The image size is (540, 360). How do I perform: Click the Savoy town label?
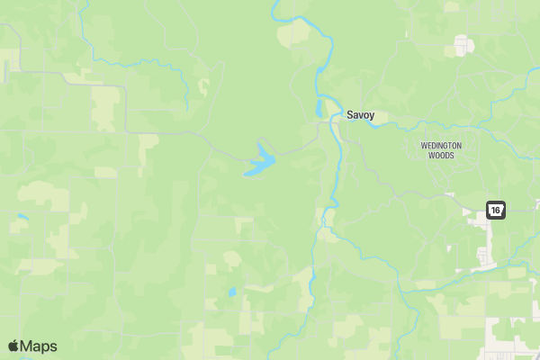point(361,115)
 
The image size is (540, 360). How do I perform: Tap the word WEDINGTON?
point(441,146)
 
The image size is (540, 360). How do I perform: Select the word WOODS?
point(441,155)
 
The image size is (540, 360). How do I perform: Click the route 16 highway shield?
point(496,211)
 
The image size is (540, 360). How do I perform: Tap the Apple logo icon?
point(13,346)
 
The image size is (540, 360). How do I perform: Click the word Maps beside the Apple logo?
point(39,346)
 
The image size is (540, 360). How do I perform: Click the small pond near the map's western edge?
point(22,217)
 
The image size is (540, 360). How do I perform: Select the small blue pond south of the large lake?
point(231,292)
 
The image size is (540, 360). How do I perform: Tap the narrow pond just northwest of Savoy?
point(319,107)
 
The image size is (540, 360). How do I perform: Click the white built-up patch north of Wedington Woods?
point(463,45)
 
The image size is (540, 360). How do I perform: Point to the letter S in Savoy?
point(350,115)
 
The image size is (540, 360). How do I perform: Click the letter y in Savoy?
point(372,116)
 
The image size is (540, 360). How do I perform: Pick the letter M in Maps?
point(27,346)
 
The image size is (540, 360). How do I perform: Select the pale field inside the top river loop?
point(292,34)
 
